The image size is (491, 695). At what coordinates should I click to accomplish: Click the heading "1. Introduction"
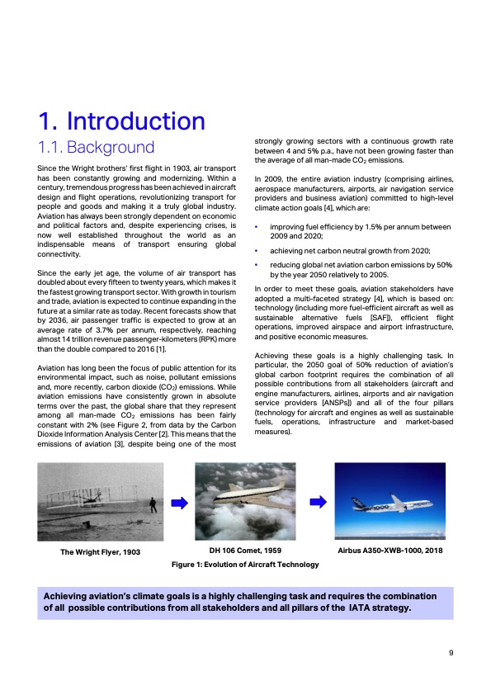click(122, 121)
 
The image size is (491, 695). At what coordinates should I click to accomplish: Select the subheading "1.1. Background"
click(97, 147)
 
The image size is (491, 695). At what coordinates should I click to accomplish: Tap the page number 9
click(451, 652)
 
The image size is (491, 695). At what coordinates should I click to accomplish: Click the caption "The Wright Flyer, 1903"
click(100, 552)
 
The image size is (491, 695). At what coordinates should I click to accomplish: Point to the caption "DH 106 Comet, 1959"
click(245, 551)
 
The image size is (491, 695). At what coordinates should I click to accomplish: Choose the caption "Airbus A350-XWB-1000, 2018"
click(390, 551)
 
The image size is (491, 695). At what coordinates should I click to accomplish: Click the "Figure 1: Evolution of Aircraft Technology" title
click(245, 565)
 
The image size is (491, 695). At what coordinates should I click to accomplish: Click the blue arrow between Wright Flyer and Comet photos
click(179, 503)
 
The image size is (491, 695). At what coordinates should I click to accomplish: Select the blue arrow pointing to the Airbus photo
click(319, 502)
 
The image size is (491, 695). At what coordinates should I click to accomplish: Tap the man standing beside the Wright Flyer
click(153, 505)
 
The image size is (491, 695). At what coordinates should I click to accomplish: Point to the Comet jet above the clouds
click(247, 494)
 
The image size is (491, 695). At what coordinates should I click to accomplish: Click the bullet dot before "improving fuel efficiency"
click(256, 227)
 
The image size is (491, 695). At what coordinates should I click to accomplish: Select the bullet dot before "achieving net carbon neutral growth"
click(256, 251)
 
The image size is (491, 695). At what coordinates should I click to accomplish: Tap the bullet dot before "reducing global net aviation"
click(256, 265)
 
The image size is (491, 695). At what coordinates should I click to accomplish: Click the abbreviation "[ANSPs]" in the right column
click(337, 403)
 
